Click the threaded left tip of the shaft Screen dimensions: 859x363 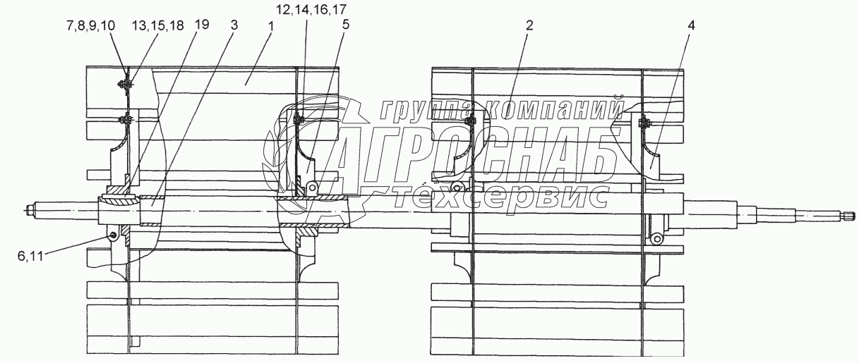[x=31, y=209]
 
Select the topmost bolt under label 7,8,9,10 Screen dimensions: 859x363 [x=125, y=86]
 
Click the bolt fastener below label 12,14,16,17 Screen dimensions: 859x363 [x=296, y=121]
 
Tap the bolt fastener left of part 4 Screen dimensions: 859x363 [x=642, y=125]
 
